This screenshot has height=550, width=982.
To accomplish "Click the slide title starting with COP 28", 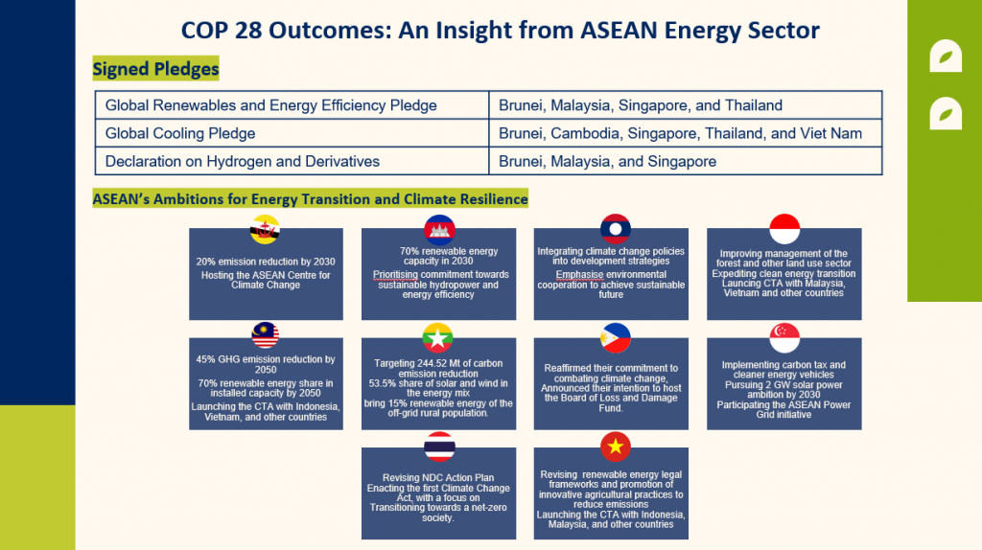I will (500, 30).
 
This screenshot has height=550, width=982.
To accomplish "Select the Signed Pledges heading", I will (155, 69).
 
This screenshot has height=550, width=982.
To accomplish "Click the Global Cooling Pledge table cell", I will (180, 133).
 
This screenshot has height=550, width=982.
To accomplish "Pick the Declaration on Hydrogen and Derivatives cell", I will (243, 161).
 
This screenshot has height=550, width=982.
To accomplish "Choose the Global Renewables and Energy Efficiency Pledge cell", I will (270, 105).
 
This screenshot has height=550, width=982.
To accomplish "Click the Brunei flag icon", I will (266, 230).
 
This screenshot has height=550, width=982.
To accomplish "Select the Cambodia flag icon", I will (439, 230).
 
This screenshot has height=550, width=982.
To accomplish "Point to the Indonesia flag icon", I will (784, 230).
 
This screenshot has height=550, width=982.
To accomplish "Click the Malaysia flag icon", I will (266, 336).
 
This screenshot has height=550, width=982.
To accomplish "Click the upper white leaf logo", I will (946, 57).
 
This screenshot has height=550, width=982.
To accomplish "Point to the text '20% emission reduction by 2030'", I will (266, 262).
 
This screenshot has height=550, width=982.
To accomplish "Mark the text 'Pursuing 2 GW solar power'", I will (783, 384).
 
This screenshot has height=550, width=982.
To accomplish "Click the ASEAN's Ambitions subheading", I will (310, 199).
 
